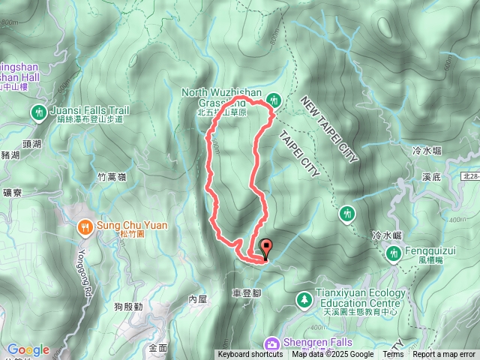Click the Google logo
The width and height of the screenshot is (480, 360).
28,349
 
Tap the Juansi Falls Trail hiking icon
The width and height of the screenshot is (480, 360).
38,112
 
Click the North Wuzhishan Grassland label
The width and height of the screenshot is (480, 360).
223,93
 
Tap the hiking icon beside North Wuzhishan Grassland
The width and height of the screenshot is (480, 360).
274,99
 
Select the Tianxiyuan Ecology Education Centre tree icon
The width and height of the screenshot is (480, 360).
304,299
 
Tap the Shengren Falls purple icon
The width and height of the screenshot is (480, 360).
272,343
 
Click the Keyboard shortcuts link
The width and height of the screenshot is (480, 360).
250,355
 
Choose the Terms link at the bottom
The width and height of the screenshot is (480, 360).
393,355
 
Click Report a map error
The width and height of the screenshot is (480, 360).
444,355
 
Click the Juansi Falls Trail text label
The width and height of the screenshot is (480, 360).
90,110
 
